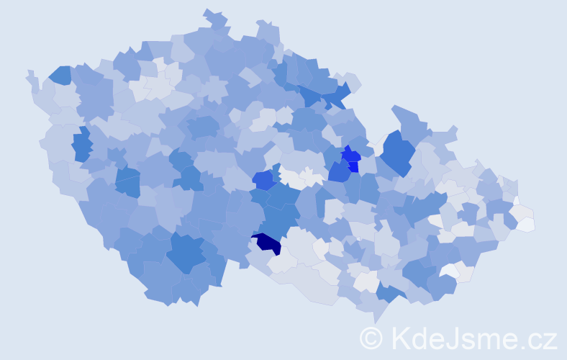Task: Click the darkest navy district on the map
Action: [267, 243]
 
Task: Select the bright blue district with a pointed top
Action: [350, 154]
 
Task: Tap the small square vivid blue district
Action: [353, 167]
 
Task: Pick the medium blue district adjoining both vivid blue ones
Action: [339, 172]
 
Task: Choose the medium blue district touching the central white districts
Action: [263, 180]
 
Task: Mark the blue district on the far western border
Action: [60, 75]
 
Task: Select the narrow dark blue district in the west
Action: [81, 144]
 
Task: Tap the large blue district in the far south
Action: [186, 253]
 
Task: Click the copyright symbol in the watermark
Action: [371, 338]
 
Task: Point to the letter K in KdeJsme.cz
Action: [402, 338]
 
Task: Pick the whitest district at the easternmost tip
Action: [525, 224]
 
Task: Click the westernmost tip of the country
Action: [27, 72]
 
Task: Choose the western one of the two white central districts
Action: [290, 177]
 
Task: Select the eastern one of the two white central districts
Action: [312, 176]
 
